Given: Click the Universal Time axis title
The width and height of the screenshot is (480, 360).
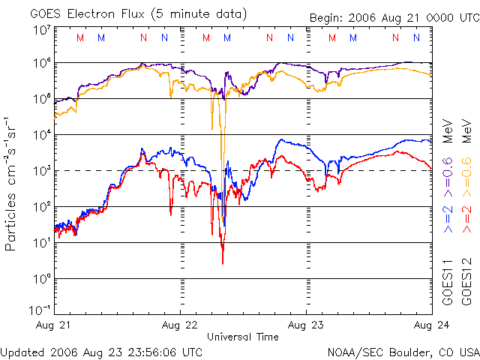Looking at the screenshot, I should coord(242,337).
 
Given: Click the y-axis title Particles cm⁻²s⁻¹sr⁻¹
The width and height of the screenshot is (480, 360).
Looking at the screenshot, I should coord(11,183).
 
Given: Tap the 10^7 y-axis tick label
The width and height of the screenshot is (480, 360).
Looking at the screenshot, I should coord(41,30).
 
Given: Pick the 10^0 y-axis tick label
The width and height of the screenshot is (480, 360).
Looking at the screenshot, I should coord(41,279).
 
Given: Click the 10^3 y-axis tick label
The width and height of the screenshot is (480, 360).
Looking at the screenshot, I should coord(41,171).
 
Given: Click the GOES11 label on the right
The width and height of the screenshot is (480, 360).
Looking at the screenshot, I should coord(447,289).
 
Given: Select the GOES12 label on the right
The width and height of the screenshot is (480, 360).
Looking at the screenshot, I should coord(466,289).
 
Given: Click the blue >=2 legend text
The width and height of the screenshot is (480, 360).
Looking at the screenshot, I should coord(447,217).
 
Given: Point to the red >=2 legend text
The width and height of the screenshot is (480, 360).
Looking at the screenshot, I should coord(466,217).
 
